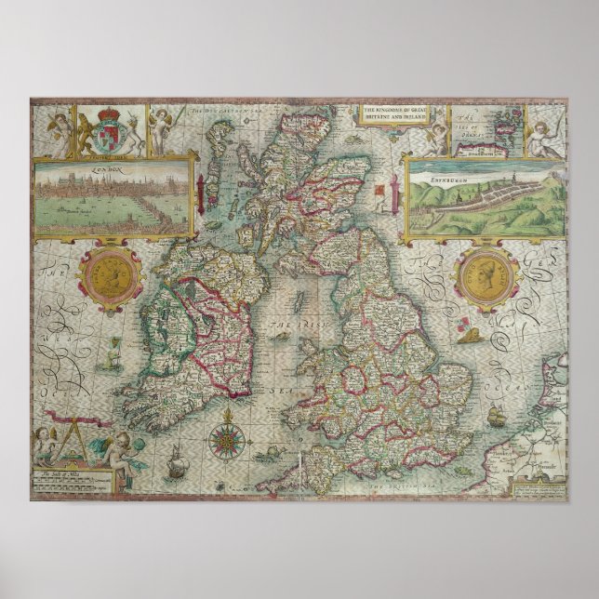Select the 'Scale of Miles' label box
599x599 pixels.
coord(73,478)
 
